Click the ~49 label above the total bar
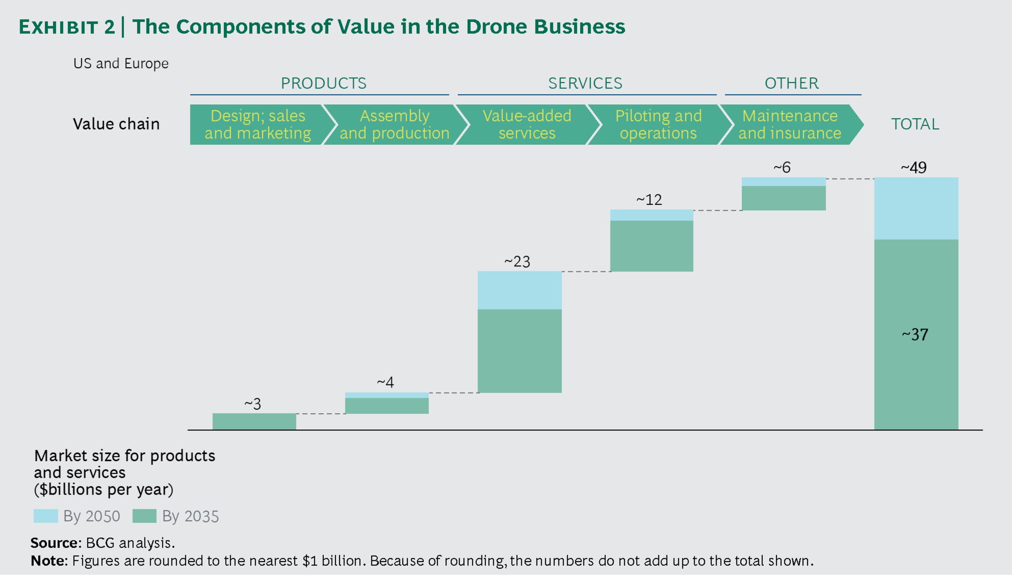[x=914, y=168]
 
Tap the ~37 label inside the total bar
[x=915, y=335]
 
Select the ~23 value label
[x=517, y=262]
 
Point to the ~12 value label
[x=649, y=200]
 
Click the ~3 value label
[x=253, y=404]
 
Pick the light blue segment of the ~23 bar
[x=519, y=290]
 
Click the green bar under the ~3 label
[x=254, y=421]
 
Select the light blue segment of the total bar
[x=916, y=208]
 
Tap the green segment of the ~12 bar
[x=651, y=246]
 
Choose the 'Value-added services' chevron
[x=526, y=124]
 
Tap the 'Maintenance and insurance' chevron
[x=789, y=124]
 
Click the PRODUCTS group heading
[x=323, y=83]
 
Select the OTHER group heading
[x=791, y=83]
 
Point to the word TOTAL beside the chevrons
[x=915, y=124]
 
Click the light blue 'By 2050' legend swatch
[x=45, y=516]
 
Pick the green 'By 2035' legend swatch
[x=144, y=516]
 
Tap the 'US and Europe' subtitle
[x=121, y=64]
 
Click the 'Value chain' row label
[x=116, y=124]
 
